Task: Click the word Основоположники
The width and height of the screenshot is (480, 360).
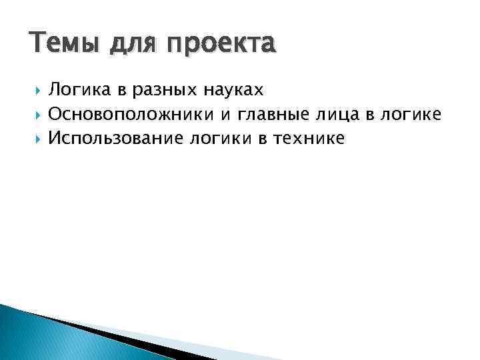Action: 131,114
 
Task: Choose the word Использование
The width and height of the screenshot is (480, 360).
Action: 117,138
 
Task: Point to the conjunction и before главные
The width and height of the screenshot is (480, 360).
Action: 225,115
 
